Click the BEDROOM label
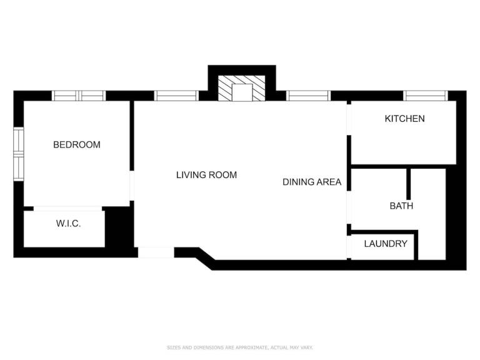tap(77, 144)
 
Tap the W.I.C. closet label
tap(68, 224)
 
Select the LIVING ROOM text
tap(207, 175)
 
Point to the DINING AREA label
tap(312, 182)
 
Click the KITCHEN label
tap(405, 119)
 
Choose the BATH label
tap(401, 206)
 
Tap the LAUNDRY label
tap(386, 244)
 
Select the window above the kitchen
tap(426, 96)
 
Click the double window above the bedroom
tap(79, 96)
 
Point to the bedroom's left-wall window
tap(19, 154)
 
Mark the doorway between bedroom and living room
tap(132, 186)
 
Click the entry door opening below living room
tap(156, 252)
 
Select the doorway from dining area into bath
tap(349, 208)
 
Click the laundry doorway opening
tap(349, 247)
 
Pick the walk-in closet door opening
tap(67, 209)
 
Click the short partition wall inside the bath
tap(408, 184)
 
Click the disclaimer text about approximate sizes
tap(240, 347)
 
